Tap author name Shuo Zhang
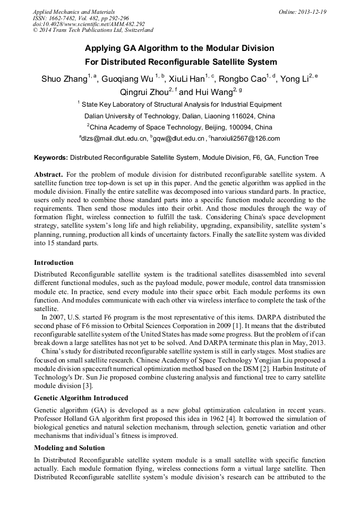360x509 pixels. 64,80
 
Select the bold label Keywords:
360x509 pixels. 51,158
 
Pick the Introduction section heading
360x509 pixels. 54,263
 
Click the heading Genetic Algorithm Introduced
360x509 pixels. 81,398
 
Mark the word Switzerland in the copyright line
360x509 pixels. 137,30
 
